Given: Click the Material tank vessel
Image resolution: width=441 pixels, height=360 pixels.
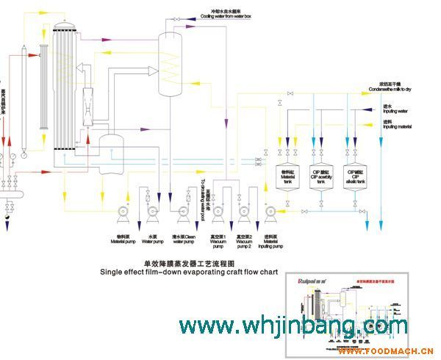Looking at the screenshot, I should point(287,177).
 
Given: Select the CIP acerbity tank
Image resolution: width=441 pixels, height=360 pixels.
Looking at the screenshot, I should point(320,177).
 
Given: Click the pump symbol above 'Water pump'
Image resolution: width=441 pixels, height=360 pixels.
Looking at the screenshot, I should point(152,212).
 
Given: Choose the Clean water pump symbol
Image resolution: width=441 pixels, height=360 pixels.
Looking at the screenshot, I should point(183,212).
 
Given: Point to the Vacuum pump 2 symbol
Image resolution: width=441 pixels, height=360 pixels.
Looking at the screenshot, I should point(244,212).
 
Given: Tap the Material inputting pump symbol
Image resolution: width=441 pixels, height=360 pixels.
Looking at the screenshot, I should point(270,212).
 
